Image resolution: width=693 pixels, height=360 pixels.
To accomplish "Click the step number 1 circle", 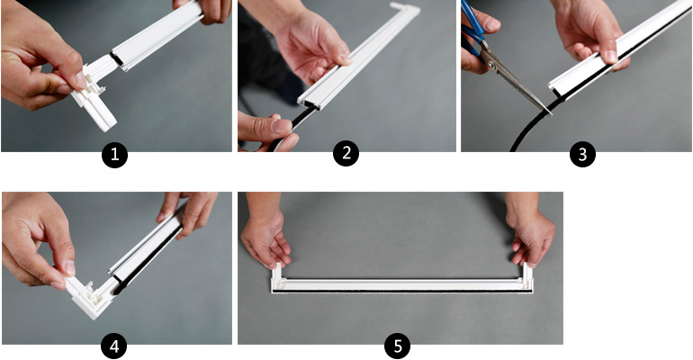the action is pyautogui.click(x=114, y=155).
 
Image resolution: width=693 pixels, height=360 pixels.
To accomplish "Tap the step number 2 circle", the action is pyautogui.click(x=346, y=153).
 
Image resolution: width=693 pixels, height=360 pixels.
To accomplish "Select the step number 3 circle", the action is pyautogui.click(x=582, y=154).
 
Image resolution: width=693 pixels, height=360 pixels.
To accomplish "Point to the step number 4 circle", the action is pyautogui.click(x=114, y=346).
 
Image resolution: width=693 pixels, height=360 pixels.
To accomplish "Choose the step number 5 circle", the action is pyautogui.click(x=397, y=346).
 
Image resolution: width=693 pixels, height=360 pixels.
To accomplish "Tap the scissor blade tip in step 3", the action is pyautogui.click(x=551, y=114).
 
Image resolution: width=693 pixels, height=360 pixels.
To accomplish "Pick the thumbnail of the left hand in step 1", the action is pyautogui.click(x=79, y=80).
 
